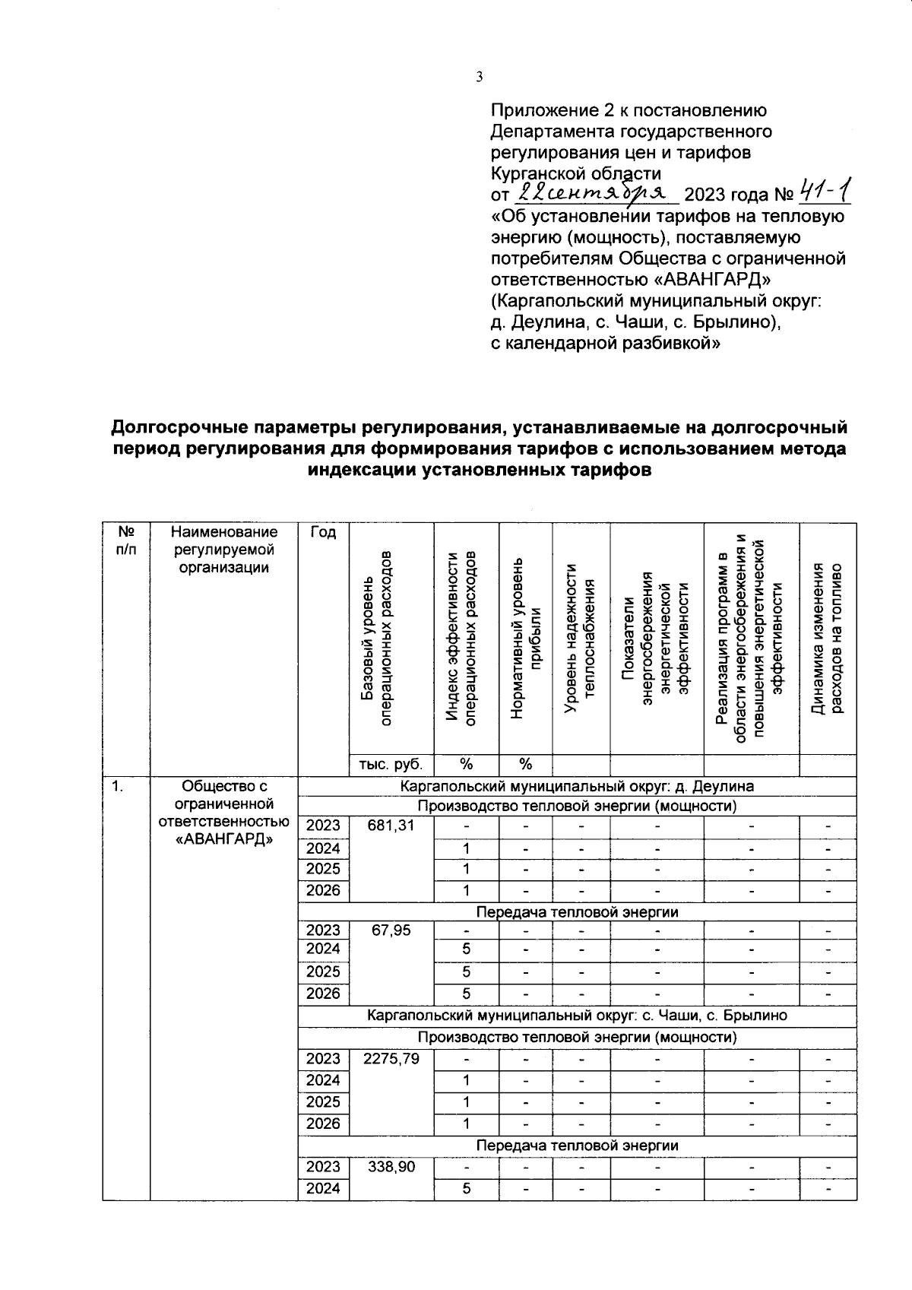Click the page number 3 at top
pos(479,77)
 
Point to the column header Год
pos(323,533)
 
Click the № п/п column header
pos(126,540)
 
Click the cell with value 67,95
pos(391,930)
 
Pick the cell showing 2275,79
pos(391,1058)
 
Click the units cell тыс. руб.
pos(391,764)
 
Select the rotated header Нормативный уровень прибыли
pos(525,639)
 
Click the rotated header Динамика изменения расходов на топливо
pos(828,639)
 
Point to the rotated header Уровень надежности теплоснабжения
pos(581,639)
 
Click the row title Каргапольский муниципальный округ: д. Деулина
pos(577,786)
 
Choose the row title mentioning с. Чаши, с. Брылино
pos(577,1016)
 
